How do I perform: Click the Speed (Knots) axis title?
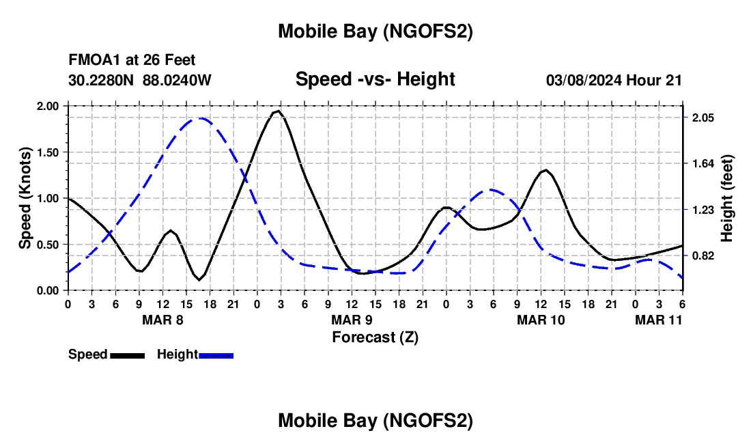click(x=25, y=198)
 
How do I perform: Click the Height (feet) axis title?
click(x=726, y=198)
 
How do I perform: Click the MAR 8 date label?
click(x=162, y=320)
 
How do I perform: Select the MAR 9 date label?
click(x=352, y=320)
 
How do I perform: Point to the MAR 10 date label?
click(x=541, y=320)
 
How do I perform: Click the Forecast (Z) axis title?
click(x=375, y=337)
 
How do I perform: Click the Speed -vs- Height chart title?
click(x=375, y=79)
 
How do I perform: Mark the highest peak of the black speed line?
click(x=277, y=111)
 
